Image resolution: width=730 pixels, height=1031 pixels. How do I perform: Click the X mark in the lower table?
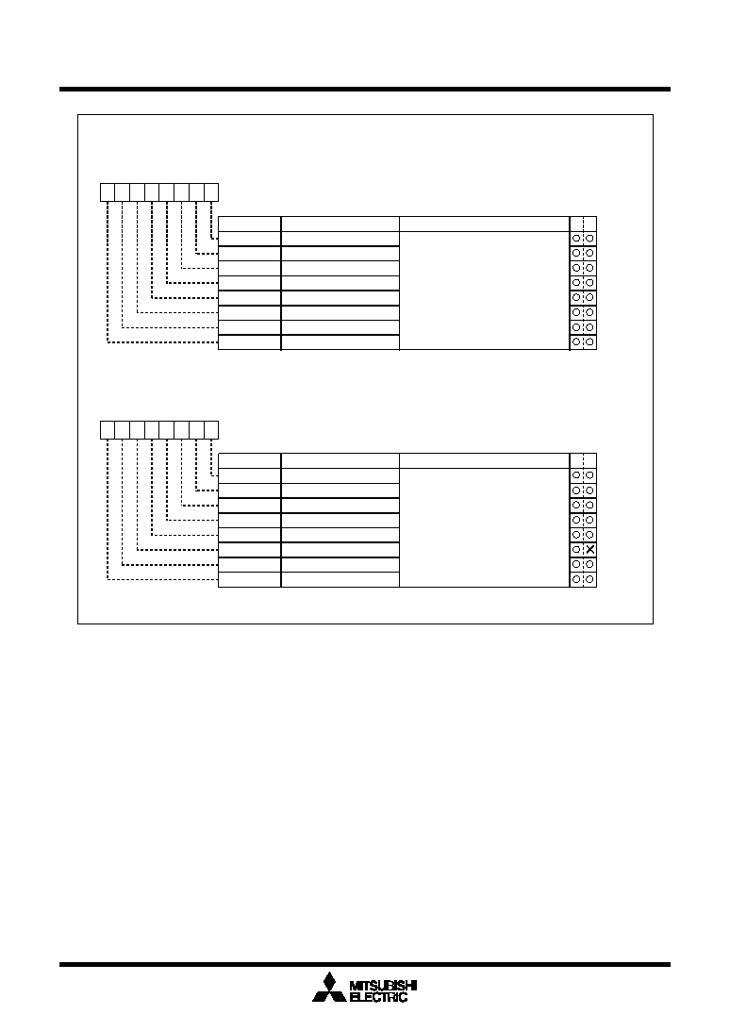[589, 550]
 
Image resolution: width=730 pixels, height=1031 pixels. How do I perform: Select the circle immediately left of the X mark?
[576, 550]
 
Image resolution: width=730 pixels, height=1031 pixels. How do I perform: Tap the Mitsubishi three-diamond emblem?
[329, 989]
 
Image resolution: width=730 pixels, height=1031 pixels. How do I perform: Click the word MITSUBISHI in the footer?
[383, 986]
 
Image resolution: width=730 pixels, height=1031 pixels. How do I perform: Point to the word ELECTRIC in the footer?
[379, 997]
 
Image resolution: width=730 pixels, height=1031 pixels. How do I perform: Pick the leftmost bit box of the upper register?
[108, 192]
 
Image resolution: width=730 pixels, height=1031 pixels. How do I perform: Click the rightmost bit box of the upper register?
[211, 192]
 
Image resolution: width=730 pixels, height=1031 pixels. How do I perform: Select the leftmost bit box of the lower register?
[108, 430]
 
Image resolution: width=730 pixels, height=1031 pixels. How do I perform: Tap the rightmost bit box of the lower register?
[211, 430]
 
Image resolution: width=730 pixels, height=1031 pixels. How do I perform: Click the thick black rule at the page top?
[365, 89]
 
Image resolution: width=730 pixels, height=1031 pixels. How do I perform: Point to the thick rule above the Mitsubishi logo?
[365, 965]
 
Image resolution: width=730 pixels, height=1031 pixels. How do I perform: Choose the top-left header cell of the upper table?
[249, 224]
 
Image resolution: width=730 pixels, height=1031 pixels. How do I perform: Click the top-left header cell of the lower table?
[249, 460]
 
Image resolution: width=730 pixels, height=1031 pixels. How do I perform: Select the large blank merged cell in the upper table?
[484, 291]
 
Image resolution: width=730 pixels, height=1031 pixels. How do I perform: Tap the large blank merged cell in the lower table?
[484, 527]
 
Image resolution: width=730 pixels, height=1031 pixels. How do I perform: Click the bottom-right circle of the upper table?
[589, 341]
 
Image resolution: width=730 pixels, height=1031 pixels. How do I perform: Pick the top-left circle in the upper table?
[576, 238]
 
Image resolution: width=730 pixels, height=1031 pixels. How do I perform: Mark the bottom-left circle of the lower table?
[576, 579]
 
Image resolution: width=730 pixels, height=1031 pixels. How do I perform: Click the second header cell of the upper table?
[340, 224]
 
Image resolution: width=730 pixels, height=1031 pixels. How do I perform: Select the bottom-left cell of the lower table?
[249, 579]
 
